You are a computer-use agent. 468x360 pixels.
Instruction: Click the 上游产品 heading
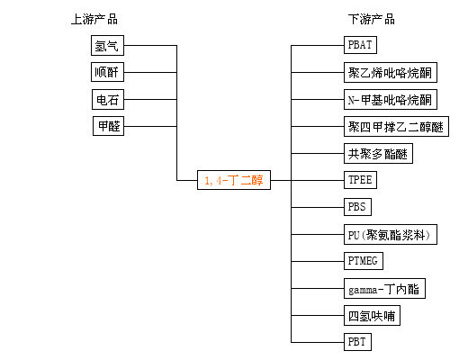point(94,19)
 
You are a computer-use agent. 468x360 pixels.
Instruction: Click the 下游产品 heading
point(372,19)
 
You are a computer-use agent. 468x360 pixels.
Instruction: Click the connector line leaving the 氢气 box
point(150,46)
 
